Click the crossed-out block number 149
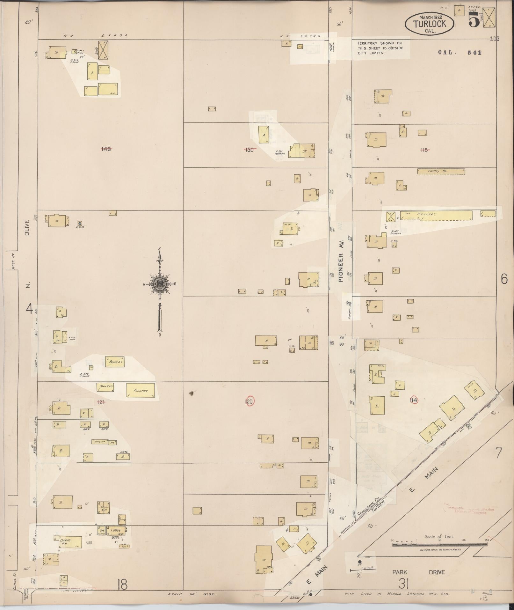(x=106, y=149)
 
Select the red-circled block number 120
(x=249, y=401)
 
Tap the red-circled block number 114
(x=414, y=400)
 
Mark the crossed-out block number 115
(x=424, y=150)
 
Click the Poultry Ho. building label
(x=441, y=171)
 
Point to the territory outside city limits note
(x=380, y=48)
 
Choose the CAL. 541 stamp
(x=460, y=53)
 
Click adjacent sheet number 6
(x=504, y=279)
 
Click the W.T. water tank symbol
(x=80, y=224)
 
